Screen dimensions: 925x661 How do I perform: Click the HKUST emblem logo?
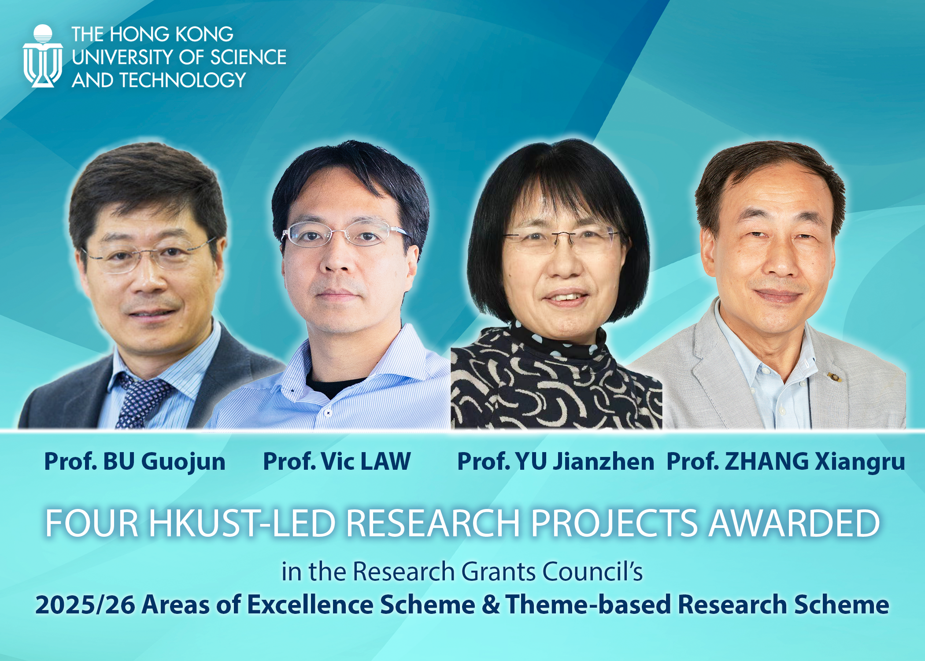click(43, 56)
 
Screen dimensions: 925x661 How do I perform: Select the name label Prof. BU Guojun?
click(135, 462)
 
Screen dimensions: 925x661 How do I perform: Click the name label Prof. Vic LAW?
click(337, 461)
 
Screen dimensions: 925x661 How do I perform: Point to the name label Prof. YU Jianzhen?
click(556, 462)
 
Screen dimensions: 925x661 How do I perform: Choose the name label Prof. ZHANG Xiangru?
click(786, 462)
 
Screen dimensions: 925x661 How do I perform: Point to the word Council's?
click(592, 572)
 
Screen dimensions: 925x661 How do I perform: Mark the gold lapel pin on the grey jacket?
click(833, 376)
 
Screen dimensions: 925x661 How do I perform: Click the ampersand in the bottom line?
click(490, 605)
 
